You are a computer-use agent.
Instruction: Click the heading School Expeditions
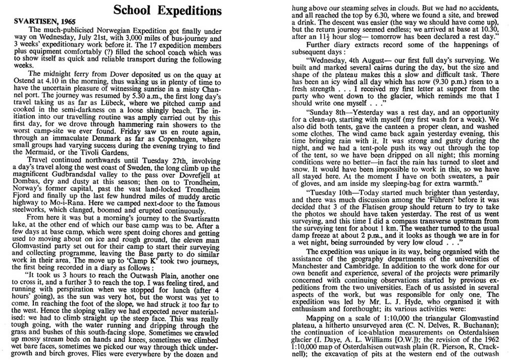tap(167, 10)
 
